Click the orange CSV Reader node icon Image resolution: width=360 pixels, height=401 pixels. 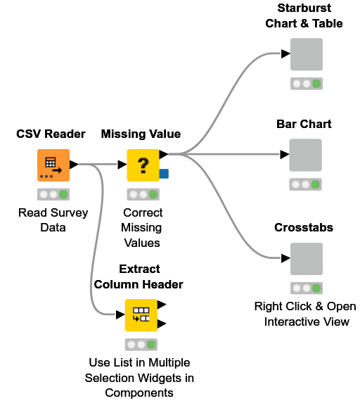pyautogui.click(x=53, y=165)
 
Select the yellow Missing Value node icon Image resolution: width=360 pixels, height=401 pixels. pyautogui.click(x=143, y=165)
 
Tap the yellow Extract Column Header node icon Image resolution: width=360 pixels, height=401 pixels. pyautogui.click(x=141, y=314)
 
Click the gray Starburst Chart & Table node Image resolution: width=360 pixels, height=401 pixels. pyautogui.click(x=306, y=54)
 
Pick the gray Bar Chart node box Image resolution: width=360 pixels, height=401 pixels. pyautogui.click(x=306, y=155)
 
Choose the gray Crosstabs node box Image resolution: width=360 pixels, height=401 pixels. pyautogui.click(x=306, y=259)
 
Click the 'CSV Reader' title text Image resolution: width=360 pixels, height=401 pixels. pyautogui.click(x=51, y=134)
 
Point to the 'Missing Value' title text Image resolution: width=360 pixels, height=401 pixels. pyautogui.click(x=141, y=134)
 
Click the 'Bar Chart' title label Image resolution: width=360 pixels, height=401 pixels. pyautogui.click(x=304, y=124)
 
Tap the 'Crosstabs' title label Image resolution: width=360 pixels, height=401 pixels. pyautogui.click(x=304, y=228)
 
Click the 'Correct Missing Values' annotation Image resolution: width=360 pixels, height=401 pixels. pyautogui.click(x=142, y=227)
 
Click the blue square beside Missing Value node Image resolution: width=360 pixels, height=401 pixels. pyautogui.click(x=164, y=173)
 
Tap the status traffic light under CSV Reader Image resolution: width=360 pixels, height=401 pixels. pyautogui.click(x=53, y=194)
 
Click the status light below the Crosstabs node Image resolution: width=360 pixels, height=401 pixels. pyautogui.click(x=307, y=288)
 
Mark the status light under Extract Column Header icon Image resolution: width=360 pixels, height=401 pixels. pyautogui.click(x=141, y=345)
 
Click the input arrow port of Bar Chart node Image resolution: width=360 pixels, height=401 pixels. pyautogui.click(x=285, y=154)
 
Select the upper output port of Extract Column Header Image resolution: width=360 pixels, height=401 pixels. pyautogui.click(x=162, y=305)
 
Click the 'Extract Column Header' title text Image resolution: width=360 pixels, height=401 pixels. pyautogui.click(x=139, y=276)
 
